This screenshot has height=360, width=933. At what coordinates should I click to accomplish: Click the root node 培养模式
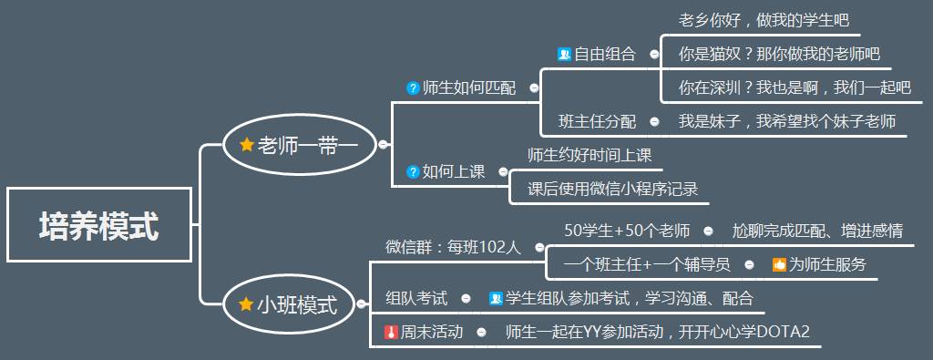(x=98, y=225)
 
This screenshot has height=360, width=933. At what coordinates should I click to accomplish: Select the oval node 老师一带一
(x=301, y=144)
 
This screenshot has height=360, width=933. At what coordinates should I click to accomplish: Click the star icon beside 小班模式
(x=246, y=304)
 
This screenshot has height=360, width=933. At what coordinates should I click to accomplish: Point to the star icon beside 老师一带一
(x=246, y=144)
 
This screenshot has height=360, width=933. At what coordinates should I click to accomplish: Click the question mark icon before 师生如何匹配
(x=413, y=88)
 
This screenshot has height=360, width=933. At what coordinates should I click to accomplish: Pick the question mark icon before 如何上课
(x=413, y=171)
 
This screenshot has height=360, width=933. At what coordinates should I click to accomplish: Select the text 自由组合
(x=604, y=54)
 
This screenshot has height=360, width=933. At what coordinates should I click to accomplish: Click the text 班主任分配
(x=597, y=121)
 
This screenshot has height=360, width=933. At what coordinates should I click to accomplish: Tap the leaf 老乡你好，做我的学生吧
(x=764, y=20)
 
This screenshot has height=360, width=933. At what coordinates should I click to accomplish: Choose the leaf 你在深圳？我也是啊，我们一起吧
(x=795, y=87)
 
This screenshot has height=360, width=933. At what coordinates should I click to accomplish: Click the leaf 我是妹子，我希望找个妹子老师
(x=787, y=121)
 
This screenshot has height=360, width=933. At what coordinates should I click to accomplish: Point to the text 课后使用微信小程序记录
(x=613, y=189)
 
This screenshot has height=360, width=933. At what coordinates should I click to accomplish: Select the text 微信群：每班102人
(x=452, y=247)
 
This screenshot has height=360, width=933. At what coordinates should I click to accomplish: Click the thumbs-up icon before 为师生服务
(x=779, y=265)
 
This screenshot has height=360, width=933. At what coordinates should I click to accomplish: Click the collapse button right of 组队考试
(x=466, y=298)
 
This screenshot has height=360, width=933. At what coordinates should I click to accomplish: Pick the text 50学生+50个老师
(x=627, y=231)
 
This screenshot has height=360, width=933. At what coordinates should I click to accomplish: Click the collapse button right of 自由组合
(x=654, y=54)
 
